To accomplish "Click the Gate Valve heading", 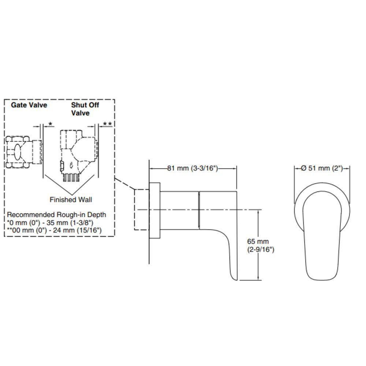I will pos(29,105).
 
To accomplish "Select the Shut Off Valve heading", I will pos(85,109).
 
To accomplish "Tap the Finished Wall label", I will pos(71,199).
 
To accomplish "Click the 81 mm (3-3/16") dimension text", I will pos(193,168).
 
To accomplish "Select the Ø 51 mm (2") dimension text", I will pos(322,168).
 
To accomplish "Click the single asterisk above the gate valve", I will pos(50,124).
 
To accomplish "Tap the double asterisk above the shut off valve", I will pos(107,124).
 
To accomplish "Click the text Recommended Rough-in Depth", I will pos(56,214).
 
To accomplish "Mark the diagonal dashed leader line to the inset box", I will pos(124,183).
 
